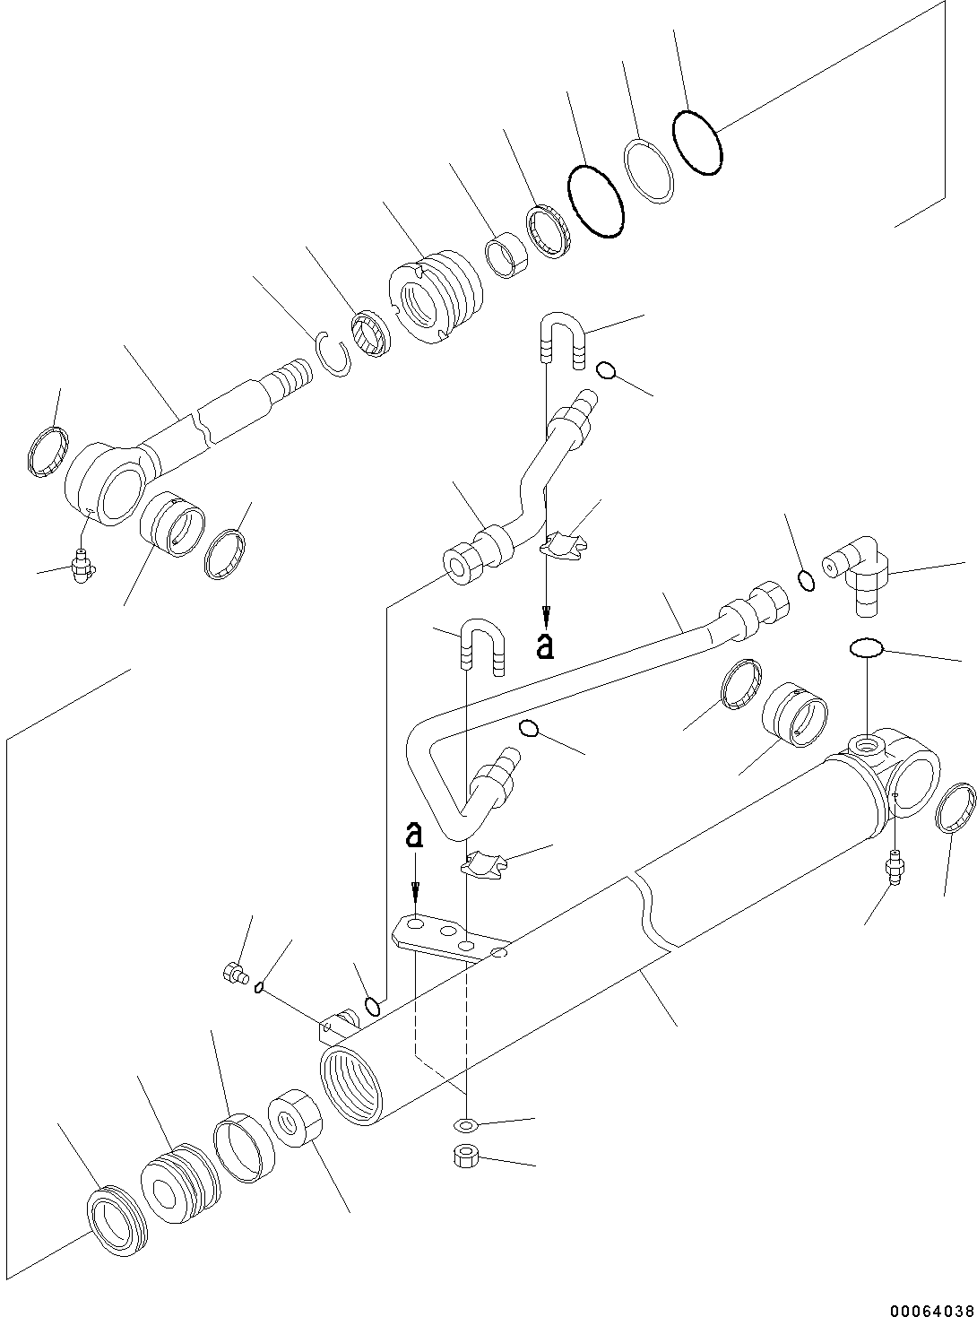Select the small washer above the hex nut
(x=463, y=1124)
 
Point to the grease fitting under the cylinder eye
(x=894, y=867)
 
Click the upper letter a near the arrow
(x=545, y=646)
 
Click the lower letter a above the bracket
(x=413, y=836)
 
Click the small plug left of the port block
(x=235, y=973)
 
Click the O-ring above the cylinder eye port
(x=865, y=648)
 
